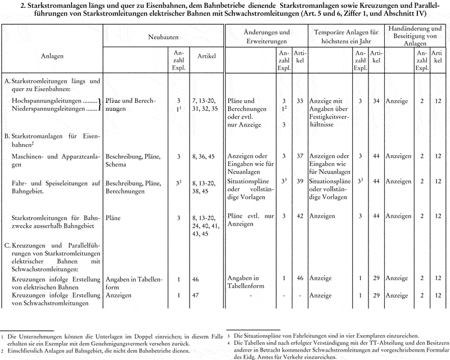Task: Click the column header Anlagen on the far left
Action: click(52, 56)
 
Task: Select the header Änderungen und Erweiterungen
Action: click(259, 37)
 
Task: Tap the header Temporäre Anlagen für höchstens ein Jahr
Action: click(345, 37)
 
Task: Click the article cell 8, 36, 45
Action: click(206, 155)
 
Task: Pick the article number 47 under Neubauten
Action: click(195, 295)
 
